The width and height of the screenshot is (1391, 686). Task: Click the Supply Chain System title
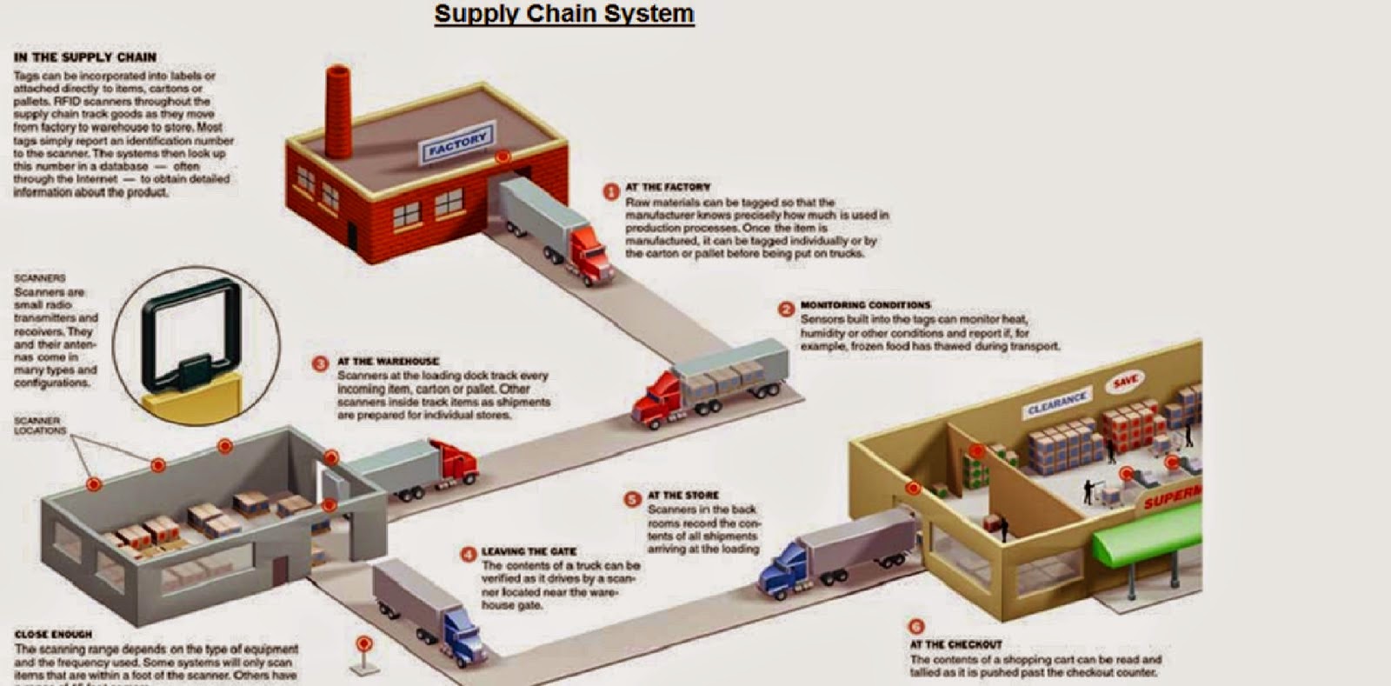click(564, 14)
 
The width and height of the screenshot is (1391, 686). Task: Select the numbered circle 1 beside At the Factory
click(611, 191)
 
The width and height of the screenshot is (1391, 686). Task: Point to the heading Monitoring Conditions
click(865, 305)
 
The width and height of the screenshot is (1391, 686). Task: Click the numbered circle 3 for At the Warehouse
click(320, 363)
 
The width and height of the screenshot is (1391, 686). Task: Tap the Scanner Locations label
click(39, 425)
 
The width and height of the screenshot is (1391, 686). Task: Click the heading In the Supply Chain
click(84, 57)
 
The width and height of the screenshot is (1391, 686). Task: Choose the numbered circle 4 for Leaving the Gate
click(469, 554)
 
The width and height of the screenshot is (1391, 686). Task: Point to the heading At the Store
click(683, 495)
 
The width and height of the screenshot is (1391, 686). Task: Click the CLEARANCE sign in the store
click(1057, 403)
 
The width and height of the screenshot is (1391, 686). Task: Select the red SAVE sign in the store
click(1126, 381)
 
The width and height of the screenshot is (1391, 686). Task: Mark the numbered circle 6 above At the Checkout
click(915, 626)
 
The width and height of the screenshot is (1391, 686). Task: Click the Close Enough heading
click(53, 635)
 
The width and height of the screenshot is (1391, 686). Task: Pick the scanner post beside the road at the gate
click(364, 653)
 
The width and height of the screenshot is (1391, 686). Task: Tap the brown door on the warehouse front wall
click(280, 572)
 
